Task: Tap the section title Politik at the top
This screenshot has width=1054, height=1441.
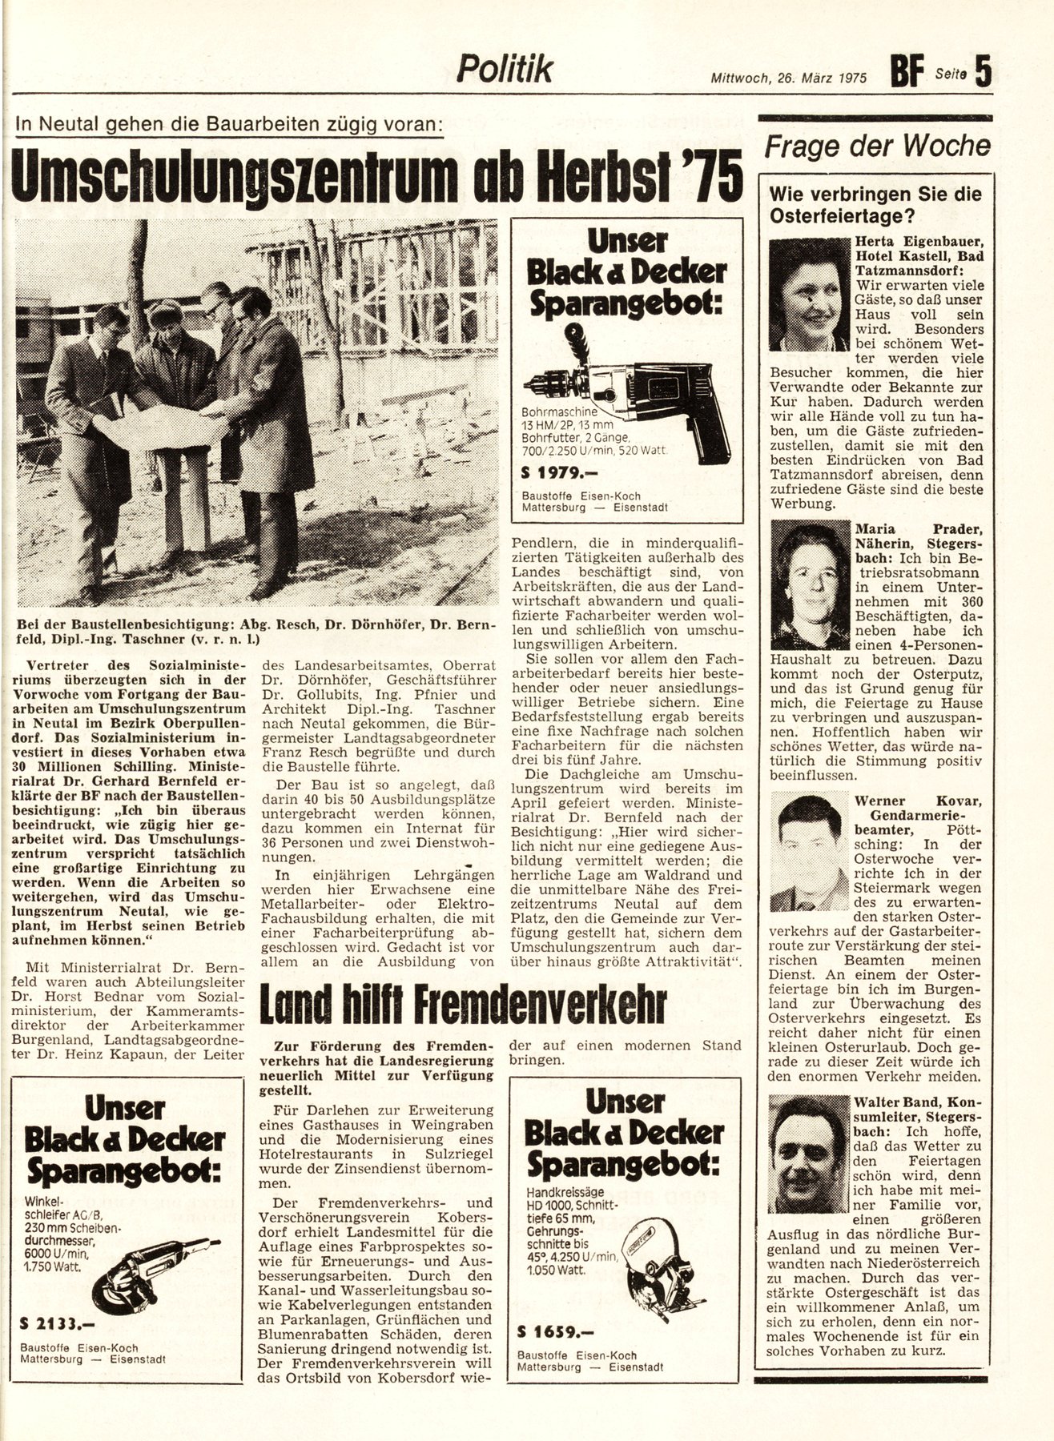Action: point(505,70)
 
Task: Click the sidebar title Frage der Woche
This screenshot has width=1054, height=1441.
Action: point(878,147)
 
